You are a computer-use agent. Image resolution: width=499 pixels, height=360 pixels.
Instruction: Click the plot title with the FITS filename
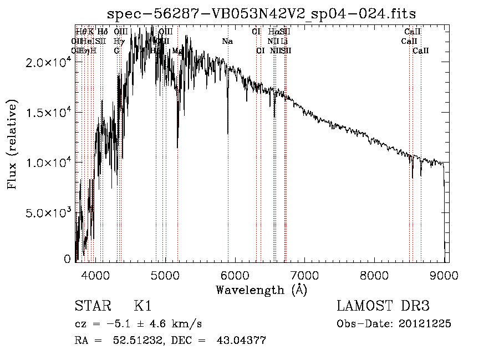261,13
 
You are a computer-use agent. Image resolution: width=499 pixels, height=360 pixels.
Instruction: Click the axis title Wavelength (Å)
261,290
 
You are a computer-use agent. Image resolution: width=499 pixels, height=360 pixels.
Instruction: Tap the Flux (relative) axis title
12,144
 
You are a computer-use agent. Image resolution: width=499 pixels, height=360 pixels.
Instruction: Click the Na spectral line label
227,42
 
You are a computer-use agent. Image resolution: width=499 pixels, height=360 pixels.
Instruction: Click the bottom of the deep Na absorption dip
228,133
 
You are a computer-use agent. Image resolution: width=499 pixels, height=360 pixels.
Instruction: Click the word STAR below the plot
92,306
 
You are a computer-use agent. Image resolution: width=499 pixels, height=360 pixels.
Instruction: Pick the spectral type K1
142,306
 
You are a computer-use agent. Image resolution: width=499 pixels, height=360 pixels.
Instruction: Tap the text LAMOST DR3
383,306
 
